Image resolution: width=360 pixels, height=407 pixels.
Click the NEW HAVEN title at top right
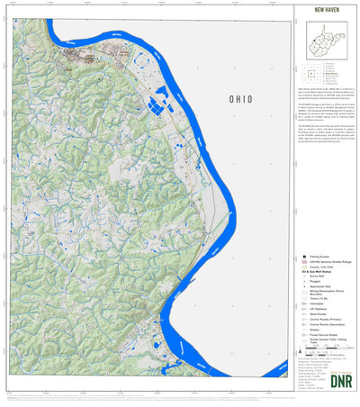[x=327, y=12]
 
